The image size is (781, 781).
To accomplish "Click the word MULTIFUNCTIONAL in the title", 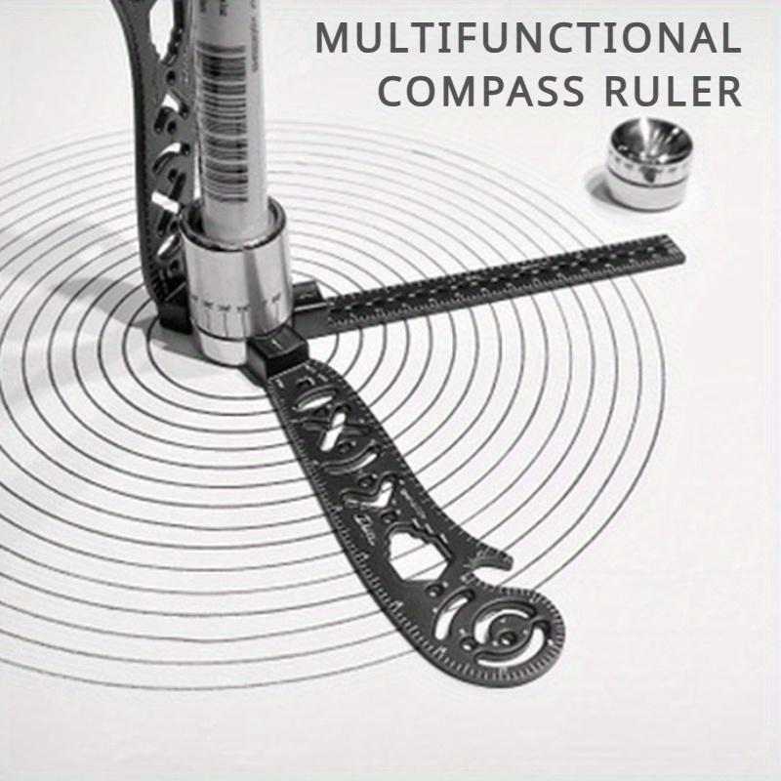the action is point(527,39).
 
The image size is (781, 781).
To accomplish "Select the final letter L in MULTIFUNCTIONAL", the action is point(729,39).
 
